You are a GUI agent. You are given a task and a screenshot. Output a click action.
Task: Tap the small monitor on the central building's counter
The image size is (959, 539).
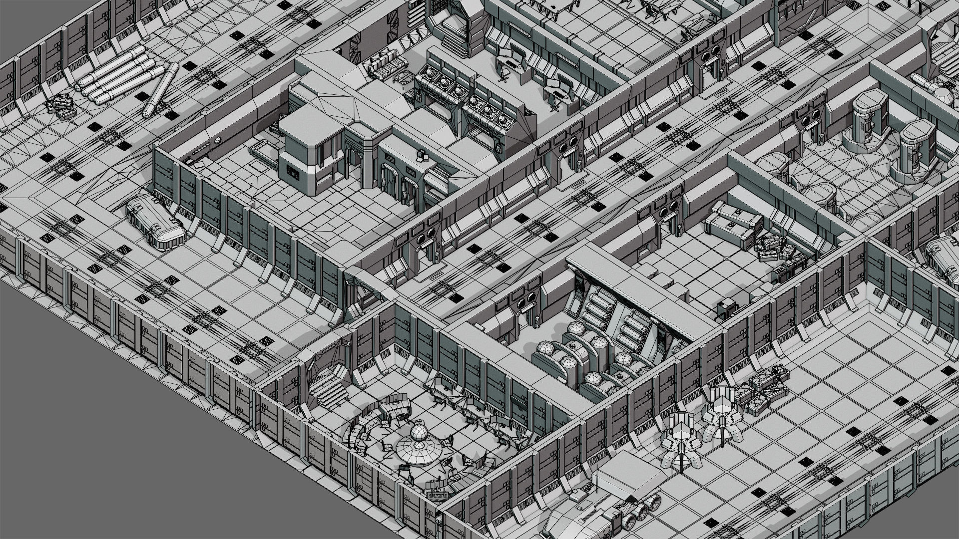422,156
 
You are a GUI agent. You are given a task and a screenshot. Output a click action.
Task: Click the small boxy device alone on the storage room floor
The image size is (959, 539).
727,308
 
